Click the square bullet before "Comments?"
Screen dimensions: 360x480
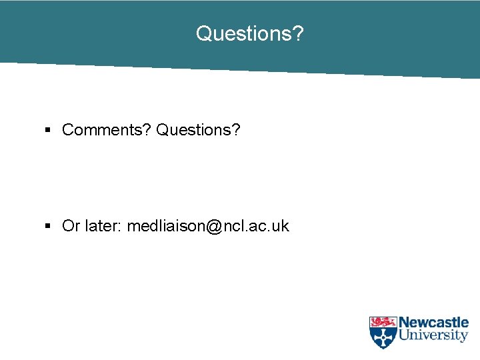48,129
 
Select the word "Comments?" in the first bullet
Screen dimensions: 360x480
107,129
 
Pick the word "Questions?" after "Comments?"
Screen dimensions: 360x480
198,129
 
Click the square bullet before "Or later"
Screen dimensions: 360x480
48,226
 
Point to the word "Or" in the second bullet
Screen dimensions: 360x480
71,226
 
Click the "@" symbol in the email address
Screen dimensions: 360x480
214,227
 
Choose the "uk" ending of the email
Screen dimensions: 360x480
281,226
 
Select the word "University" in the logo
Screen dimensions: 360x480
433,336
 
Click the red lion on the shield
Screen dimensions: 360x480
383,322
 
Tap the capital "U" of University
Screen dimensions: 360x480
404,336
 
